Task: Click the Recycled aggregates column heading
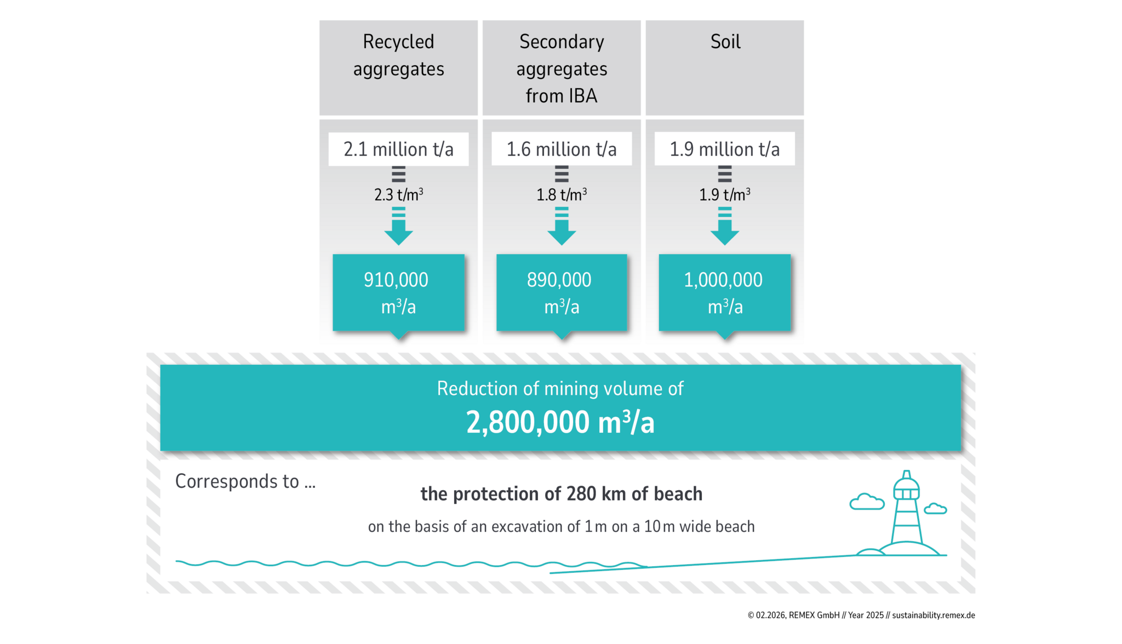pyautogui.click(x=398, y=56)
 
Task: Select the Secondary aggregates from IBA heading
pyautogui.click(x=562, y=68)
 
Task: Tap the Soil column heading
pyautogui.click(x=725, y=42)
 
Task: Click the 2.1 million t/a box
pyautogui.click(x=398, y=149)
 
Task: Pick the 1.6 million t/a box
pyautogui.click(x=562, y=149)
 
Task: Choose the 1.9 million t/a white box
pyautogui.click(x=724, y=149)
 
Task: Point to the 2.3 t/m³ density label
pyautogui.click(x=398, y=194)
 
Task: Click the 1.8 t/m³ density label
pyautogui.click(x=562, y=194)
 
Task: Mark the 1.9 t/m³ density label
pyautogui.click(x=724, y=194)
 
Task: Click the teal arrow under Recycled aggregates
pyautogui.click(x=398, y=227)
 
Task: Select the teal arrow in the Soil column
pyautogui.click(x=724, y=227)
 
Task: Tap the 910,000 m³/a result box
pyautogui.click(x=398, y=292)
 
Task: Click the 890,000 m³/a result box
pyautogui.click(x=562, y=292)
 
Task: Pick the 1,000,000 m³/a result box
pyautogui.click(x=724, y=292)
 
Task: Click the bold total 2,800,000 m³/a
pyautogui.click(x=560, y=423)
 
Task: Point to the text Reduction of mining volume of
pyautogui.click(x=560, y=389)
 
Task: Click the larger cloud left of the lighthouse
pyautogui.click(x=867, y=502)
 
